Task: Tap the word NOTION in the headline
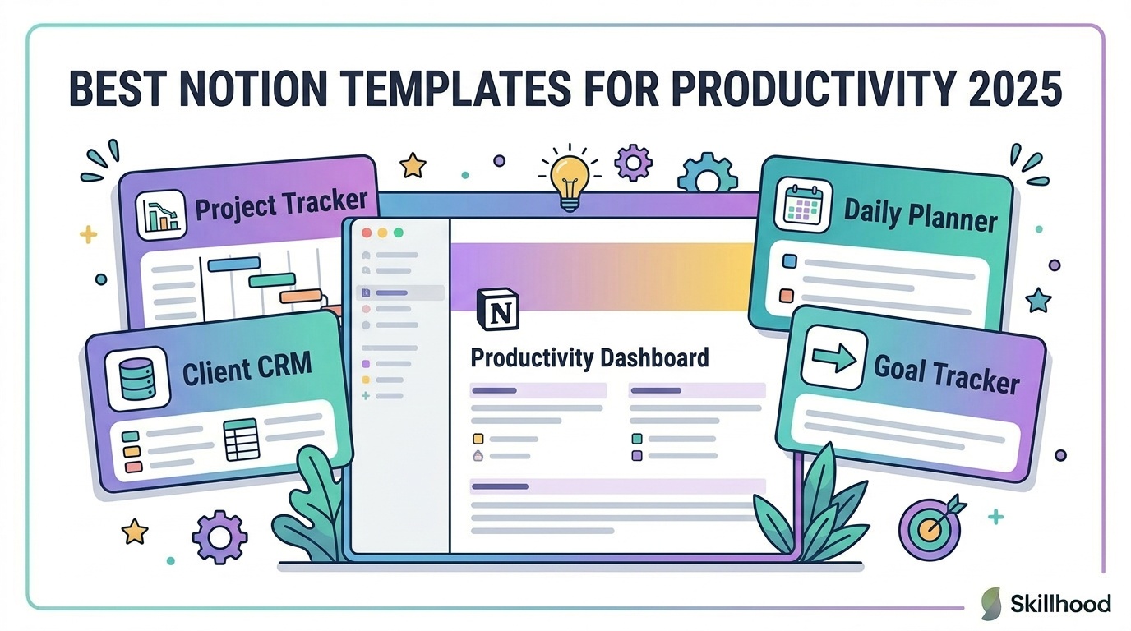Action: point(250,89)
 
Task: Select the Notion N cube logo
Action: point(498,310)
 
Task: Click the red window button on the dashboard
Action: point(367,233)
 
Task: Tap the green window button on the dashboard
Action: point(399,233)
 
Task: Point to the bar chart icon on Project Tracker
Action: point(161,215)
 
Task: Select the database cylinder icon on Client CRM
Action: point(136,379)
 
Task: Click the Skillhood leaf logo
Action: point(991,603)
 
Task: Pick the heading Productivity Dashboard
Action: point(589,358)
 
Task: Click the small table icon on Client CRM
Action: point(242,440)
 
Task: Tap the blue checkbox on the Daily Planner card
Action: point(789,261)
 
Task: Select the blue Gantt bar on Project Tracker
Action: point(234,264)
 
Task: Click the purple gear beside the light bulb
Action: point(633,163)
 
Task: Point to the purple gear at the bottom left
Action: point(219,537)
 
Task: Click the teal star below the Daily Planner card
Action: point(1039,301)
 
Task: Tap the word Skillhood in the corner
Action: point(1060,604)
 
